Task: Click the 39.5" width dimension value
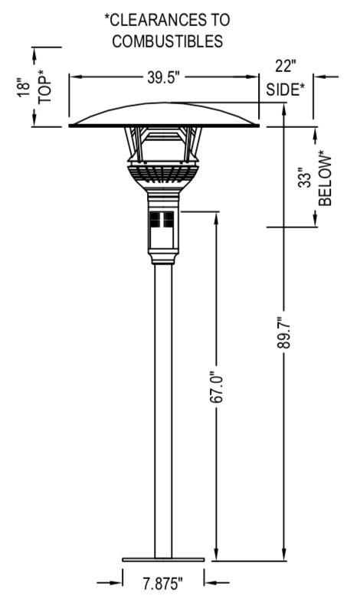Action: pos(165,77)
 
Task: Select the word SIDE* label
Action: pos(286,90)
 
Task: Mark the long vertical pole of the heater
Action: pos(163,406)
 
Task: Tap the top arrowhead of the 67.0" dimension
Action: pos(216,216)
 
